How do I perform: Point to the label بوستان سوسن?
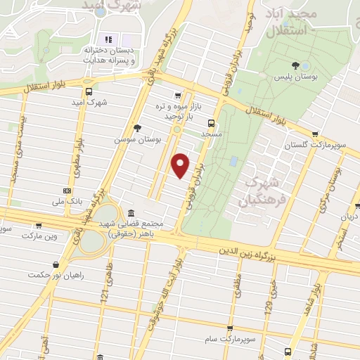(138, 139)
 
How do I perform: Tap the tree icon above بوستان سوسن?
(137, 128)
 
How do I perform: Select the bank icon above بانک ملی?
(67, 190)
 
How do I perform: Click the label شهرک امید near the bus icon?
(89, 102)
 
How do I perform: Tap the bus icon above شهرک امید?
(89, 91)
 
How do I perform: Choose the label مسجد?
(211, 133)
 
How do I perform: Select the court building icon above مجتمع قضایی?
(132, 214)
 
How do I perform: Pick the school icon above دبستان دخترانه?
(109, 38)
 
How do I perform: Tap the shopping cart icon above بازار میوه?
(179, 96)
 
